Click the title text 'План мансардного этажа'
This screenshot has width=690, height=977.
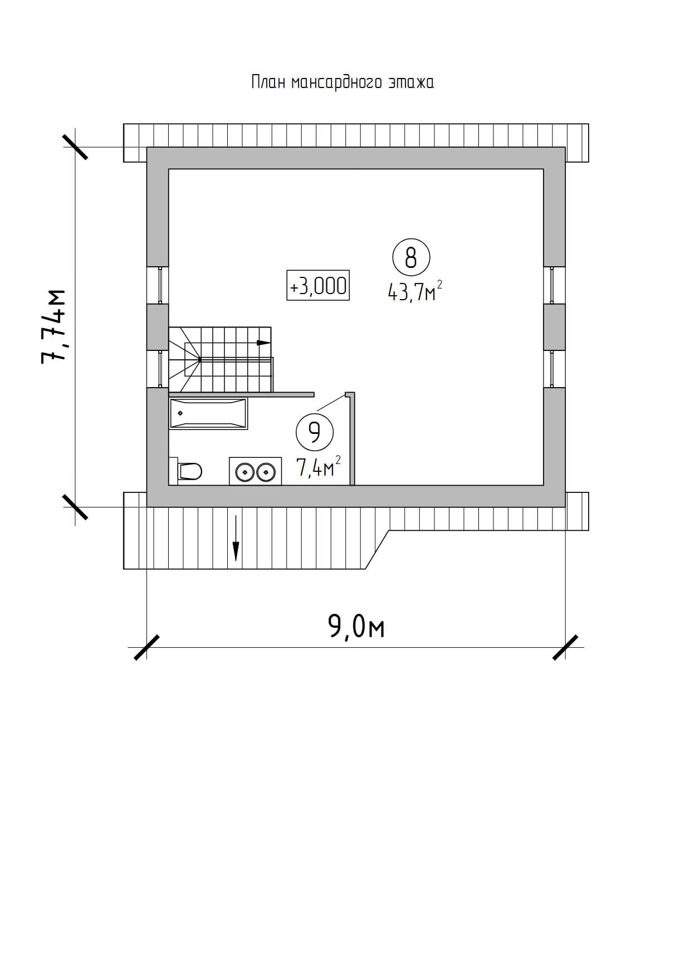[x=342, y=82]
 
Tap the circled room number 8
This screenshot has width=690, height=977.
[x=411, y=258]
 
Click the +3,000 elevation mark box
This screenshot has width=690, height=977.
[x=318, y=286]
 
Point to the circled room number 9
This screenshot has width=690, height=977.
[x=315, y=432]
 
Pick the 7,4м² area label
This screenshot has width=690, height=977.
[x=319, y=466]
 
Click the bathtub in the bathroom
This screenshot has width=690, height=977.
[x=208, y=413]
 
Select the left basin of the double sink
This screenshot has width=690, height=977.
[x=244, y=473]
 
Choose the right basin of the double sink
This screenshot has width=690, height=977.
[x=266, y=473]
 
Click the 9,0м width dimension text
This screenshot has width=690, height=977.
[x=356, y=627]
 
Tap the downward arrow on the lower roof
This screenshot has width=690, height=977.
[x=236, y=538]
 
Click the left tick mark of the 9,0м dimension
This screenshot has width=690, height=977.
[x=146, y=647]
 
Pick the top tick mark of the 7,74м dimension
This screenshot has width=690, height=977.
[x=75, y=147]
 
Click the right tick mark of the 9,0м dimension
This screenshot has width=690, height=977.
[x=565, y=647]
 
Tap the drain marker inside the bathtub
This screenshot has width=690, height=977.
[x=180, y=413]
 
